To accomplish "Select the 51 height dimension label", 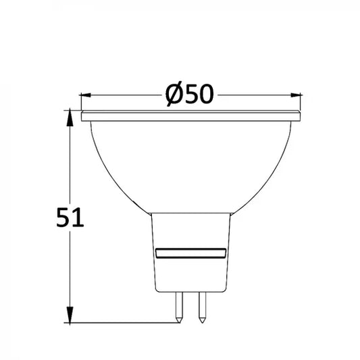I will pyautogui.click(x=70, y=217).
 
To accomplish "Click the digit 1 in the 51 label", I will pyautogui.click(x=78, y=217).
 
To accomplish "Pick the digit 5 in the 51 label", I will pyautogui.click(x=63, y=217).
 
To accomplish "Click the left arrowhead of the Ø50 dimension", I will pyautogui.click(x=86, y=96).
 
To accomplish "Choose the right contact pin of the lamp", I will pyautogui.click(x=201, y=307).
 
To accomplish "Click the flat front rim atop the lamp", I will pyautogui.click(x=190, y=117).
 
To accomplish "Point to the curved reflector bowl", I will pyautogui.click(x=190, y=162).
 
